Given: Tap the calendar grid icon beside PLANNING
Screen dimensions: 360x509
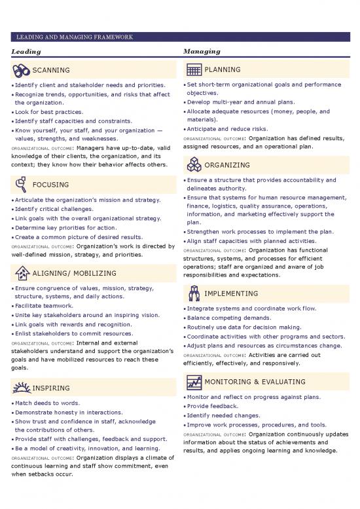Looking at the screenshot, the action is [x=193, y=70].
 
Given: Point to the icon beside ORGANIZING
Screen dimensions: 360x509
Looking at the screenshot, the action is [x=193, y=165].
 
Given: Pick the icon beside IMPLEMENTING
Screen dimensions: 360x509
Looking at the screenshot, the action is [x=193, y=293].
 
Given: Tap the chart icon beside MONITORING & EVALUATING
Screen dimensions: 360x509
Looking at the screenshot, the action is [x=193, y=382].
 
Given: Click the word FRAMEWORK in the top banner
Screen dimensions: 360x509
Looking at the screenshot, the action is [x=109, y=37].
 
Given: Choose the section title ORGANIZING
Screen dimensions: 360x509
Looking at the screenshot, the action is [x=227, y=165].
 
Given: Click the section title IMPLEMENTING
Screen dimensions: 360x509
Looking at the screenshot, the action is [x=231, y=293].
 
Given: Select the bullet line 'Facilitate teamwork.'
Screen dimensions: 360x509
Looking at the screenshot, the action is [x=45, y=306].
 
